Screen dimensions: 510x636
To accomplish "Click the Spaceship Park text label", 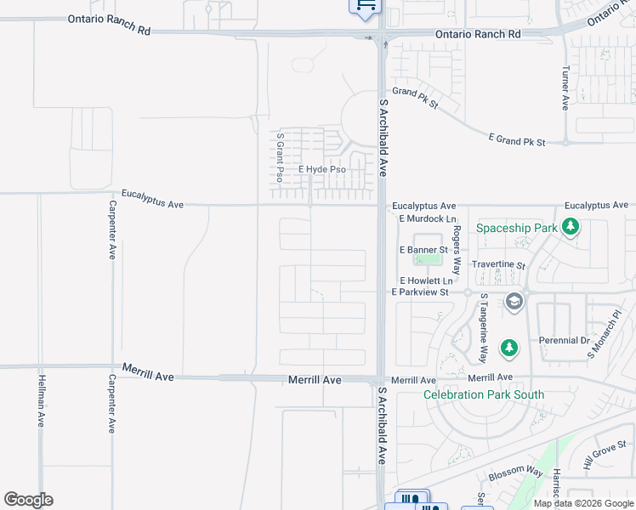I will (x=516, y=228).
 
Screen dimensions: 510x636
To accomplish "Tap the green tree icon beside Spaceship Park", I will (x=571, y=227).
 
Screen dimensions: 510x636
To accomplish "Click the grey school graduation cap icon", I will (x=514, y=302).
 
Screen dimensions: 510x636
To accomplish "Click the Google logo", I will (x=28, y=500).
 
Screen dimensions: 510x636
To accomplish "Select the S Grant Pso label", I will (x=279, y=158).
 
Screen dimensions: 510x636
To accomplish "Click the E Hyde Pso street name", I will (x=321, y=170).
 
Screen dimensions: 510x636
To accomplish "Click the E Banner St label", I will (x=423, y=250).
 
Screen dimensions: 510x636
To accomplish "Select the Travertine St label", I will (x=499, y=264).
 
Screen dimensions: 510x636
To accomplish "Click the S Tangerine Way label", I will (x=483, y=328).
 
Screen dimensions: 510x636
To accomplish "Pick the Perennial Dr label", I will (x=564, y=340).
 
